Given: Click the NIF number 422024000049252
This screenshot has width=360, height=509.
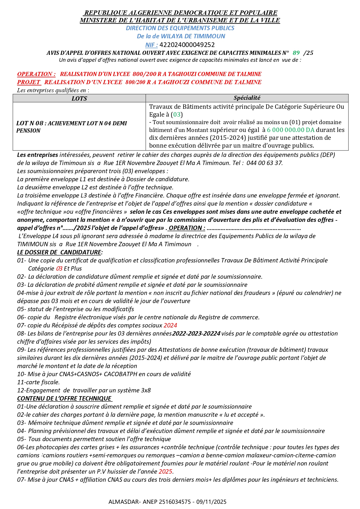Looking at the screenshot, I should coord(187,45).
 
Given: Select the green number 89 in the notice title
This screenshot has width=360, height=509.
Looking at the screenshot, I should coord(296,53).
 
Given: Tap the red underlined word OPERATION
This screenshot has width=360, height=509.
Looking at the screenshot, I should coord(36,74).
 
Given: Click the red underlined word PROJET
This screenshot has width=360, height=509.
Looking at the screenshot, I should coord(29,82).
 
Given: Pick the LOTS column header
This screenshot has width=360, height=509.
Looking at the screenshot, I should coord(79,98).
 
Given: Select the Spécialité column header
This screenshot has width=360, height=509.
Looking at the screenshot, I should coord(247,98).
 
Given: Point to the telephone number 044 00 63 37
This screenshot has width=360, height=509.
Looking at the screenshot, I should coord(264,163).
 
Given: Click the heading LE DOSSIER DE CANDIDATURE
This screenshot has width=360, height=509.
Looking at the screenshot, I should coord(59,252).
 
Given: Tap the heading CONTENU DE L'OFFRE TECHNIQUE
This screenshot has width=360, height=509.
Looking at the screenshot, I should coord(64,398).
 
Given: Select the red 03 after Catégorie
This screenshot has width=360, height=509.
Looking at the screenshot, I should coord(59,269).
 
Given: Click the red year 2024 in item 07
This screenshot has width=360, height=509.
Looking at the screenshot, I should coord(170,325).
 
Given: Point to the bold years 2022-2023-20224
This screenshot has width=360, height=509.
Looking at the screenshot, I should coord(196,334).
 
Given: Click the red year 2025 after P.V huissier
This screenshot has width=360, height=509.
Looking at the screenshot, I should coord(165,472).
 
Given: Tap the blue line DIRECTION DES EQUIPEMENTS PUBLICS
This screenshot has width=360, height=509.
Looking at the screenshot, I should coord(180,28).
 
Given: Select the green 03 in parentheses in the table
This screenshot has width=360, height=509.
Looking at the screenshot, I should coord(177,115).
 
